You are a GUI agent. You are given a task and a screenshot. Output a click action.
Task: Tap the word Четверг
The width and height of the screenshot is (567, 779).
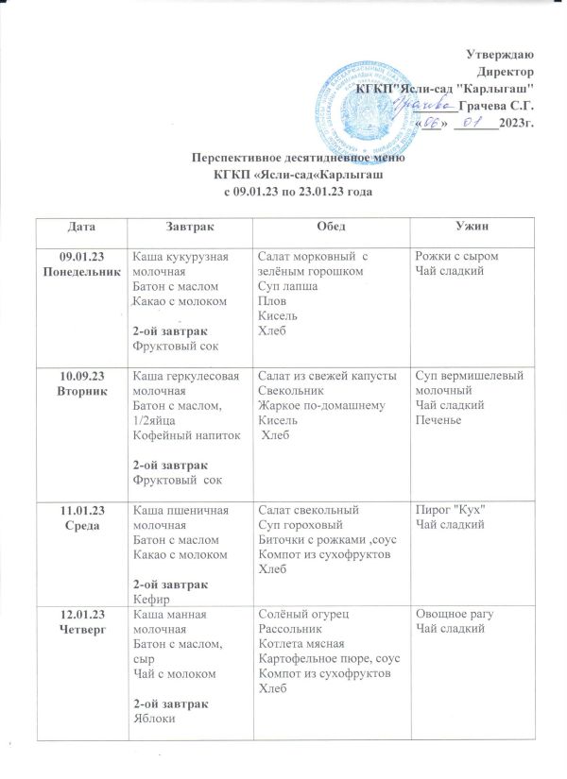click(x=81, y=628)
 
